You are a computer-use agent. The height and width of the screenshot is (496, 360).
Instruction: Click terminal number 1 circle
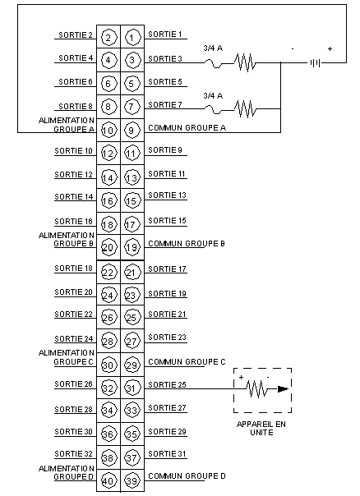click(x=132, y=37)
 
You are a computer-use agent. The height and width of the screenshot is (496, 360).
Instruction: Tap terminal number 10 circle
click(x=108, y=130)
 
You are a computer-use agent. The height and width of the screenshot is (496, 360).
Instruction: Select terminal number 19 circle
click(x=132, y=247)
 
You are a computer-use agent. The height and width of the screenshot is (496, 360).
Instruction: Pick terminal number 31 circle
click(x=132, y=388)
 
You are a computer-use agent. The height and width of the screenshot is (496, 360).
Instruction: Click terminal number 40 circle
click(x=108, y=481)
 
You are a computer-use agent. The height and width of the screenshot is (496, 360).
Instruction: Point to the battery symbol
click(x=315, y=63)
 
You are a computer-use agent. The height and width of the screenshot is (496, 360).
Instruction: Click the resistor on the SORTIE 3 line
click(x=245, y=62)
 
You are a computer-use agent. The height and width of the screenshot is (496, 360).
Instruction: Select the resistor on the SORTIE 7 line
click(x=245, y=109)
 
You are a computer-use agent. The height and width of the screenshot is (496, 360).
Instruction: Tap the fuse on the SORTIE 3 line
click(x=214, y=65)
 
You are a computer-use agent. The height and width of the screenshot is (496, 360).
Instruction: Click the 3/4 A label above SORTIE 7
click(x=213, y=95)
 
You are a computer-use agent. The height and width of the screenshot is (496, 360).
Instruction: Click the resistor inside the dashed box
click(x=256, y=388)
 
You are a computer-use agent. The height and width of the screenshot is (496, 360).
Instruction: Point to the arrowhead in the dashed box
click(x=283, y=388)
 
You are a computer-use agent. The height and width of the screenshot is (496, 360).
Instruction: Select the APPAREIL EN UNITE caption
click(x=261, y=429)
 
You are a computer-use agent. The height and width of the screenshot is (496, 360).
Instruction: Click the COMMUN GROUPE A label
click(x=187, y=128)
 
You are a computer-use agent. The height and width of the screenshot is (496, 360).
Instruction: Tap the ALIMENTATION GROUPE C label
click(x=67, y=357)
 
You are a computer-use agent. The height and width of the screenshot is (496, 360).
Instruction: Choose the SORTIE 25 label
click(x=167, y=384)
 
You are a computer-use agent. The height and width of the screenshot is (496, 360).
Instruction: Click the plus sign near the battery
click(x=330, y=48)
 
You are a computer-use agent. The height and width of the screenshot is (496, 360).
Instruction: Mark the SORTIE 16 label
click(x=73, y=221)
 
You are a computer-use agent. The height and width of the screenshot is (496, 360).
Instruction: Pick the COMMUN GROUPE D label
click(x=187, y=475)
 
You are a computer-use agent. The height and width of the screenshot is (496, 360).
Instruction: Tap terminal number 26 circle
click(x=108, y=317)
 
